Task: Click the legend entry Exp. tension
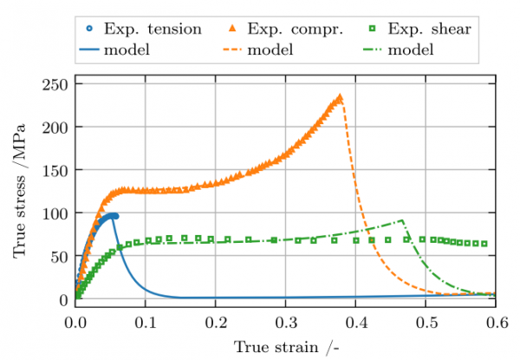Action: coord(152,29)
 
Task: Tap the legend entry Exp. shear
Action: coord(431,29)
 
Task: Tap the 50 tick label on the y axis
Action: coord(61,257)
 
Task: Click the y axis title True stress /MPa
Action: coord(19,191)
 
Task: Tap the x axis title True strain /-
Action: coord(286,346)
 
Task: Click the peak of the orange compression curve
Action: coord(341,96)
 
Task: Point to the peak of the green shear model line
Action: coord(403,220)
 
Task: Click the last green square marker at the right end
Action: coord(484,244)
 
